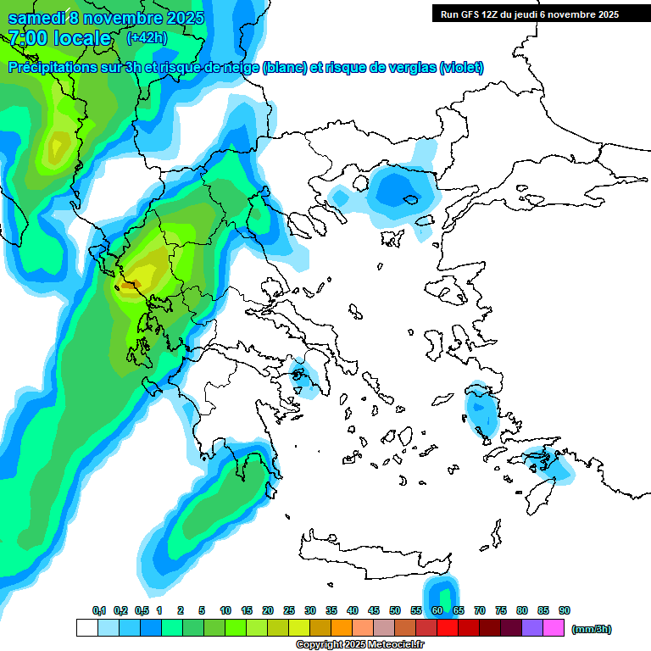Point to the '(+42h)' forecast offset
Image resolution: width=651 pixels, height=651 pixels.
click(147, 38)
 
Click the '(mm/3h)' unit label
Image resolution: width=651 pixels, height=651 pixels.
click(592, 629)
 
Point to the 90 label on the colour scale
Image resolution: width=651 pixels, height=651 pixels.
click(565, 610)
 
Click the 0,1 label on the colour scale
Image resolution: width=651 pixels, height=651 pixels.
click(98, 610)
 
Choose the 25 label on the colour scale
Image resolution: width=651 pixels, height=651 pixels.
click(289, 610)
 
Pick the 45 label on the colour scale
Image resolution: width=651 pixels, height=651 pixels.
click(374, 610)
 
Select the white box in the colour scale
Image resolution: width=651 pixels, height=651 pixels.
click(86, 628)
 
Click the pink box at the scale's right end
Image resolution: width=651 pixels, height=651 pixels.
click(554, 628)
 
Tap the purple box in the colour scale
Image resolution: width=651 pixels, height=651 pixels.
click(532, 628)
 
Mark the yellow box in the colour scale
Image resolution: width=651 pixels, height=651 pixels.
click(299, 628)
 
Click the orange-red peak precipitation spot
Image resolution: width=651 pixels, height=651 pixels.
click(127, 287)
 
